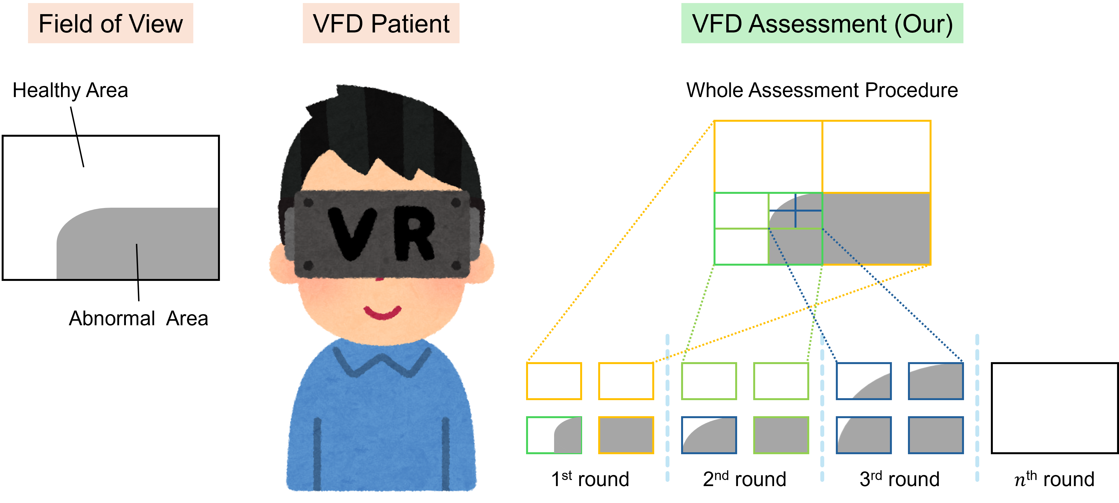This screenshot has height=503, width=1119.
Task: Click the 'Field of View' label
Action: [110, 24]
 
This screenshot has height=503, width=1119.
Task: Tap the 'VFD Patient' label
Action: [381, 24]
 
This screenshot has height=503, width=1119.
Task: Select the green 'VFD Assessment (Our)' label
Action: [822, 24]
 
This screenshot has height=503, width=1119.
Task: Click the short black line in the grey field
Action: [137, 261]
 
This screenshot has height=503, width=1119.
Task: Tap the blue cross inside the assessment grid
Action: [795, 211]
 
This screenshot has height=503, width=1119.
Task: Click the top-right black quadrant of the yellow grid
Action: [876, 156]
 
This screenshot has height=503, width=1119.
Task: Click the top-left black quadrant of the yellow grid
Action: [768, 156]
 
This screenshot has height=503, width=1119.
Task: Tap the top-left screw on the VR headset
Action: [308, 202]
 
